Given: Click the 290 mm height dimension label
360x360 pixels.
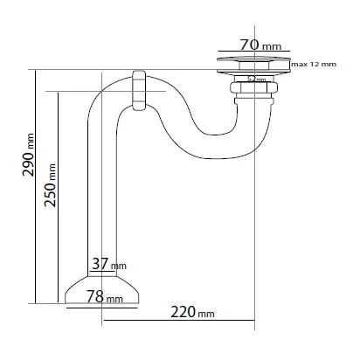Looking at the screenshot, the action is (x=28, y=155).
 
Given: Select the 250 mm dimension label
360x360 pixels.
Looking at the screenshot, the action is (x=50, y=185).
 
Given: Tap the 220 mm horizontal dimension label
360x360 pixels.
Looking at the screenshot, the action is (x=192, y=312).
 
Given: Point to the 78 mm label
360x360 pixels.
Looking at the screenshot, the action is (x=105, y=297).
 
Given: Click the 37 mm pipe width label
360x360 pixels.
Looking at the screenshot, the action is (x=109, y=264).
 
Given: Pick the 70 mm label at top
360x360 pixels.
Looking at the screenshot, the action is (x=261, y=45).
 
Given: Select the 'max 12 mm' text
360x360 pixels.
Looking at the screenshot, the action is (x=314, y=64).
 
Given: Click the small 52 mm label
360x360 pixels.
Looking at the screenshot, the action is (x=257, y=79).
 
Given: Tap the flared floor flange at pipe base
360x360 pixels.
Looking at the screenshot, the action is (x=101, y=290).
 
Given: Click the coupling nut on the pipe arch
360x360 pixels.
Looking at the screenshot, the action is (x=139, y=90).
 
